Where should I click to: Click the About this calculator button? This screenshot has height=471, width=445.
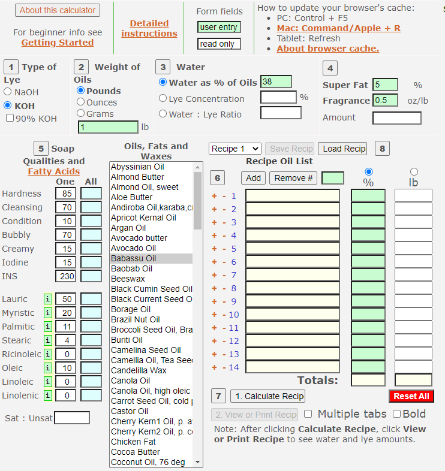pyautogui.click(x=58, y=10)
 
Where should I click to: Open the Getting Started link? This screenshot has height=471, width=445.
pyautogui.click(x=58, y=43)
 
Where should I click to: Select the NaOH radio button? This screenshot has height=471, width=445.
pyautogui.click(x=8, y=92)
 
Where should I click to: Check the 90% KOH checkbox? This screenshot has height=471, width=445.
pyautogui.click(x=10, y=118)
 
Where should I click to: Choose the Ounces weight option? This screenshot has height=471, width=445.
pyautogui.click(x=81, y=102)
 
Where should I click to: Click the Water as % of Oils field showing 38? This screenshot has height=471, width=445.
pyautogui.click(x=276, y=82)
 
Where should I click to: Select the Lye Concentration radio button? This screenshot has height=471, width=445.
pyautogui.click(x=163, y=98)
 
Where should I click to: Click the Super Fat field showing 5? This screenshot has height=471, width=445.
pyautogui.click(x=385, y=85)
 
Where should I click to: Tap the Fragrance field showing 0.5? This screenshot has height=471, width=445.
pyautogui.click(x=385, y=101)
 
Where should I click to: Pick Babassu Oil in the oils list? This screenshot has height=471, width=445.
pyautogui.click(x=133, y=258)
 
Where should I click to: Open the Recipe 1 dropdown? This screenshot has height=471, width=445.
pyautogui.click(x=235, y=149)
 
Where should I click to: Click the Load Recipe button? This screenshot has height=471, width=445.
pyautogui.click(x=344, y=149)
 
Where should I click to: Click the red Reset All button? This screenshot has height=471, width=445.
pyautogui.click(x=411, y=396)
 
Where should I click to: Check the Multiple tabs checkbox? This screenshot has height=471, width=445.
pyautogui.click(x=308, y=413)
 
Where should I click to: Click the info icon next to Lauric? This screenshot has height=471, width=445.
pyautogui.click(x=48, y=298)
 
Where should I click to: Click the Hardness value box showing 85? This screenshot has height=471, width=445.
pyautogui.click(x=65, y=193)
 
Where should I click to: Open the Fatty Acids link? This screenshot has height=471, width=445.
pyautogui.click(x=54, y=171)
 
